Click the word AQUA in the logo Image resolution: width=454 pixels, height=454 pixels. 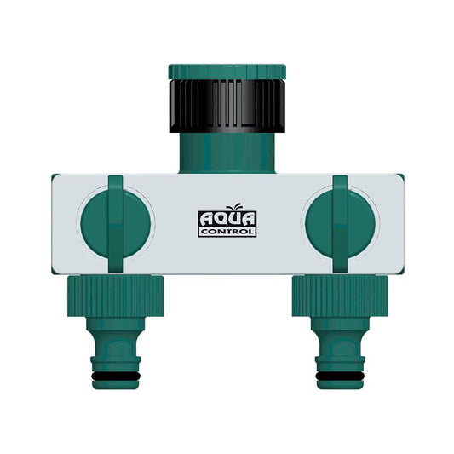coord(226,219)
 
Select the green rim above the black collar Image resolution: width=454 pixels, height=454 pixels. coord(226,70)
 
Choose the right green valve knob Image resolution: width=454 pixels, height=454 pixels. coord(338,224)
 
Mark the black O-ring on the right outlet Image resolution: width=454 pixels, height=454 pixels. coord(338,373)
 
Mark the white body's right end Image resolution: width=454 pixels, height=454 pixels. coord(395,224)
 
